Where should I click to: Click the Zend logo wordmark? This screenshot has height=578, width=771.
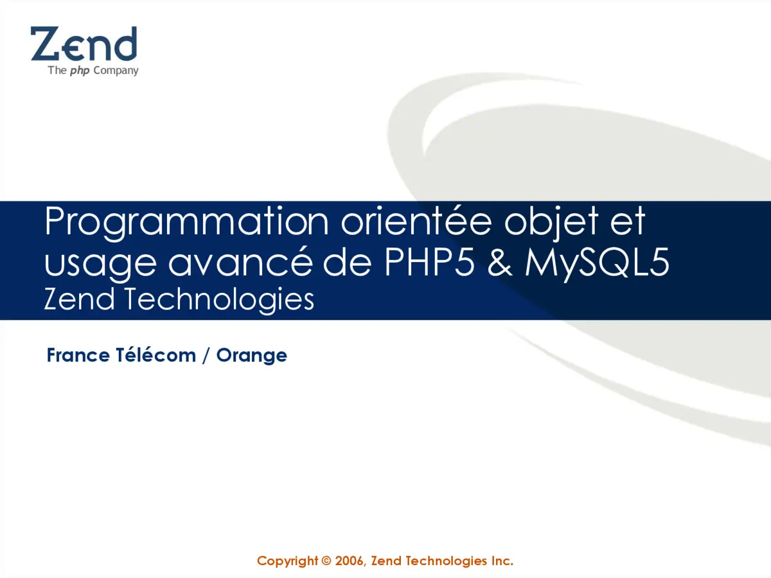[x=84, y=44]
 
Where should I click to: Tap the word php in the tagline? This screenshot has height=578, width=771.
[x=80, y=71]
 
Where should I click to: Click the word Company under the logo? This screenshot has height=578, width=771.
[x=116, y=71]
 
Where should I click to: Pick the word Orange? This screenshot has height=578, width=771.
[x=251, y=356]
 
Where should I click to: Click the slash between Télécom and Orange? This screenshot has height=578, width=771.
[x=206, y=355]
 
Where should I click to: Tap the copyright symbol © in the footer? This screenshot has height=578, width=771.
[x=326, y=561]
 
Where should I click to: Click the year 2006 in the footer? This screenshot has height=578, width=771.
[x=350, y=561]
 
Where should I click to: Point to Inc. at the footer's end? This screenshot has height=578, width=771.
[x=502, y=561]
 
